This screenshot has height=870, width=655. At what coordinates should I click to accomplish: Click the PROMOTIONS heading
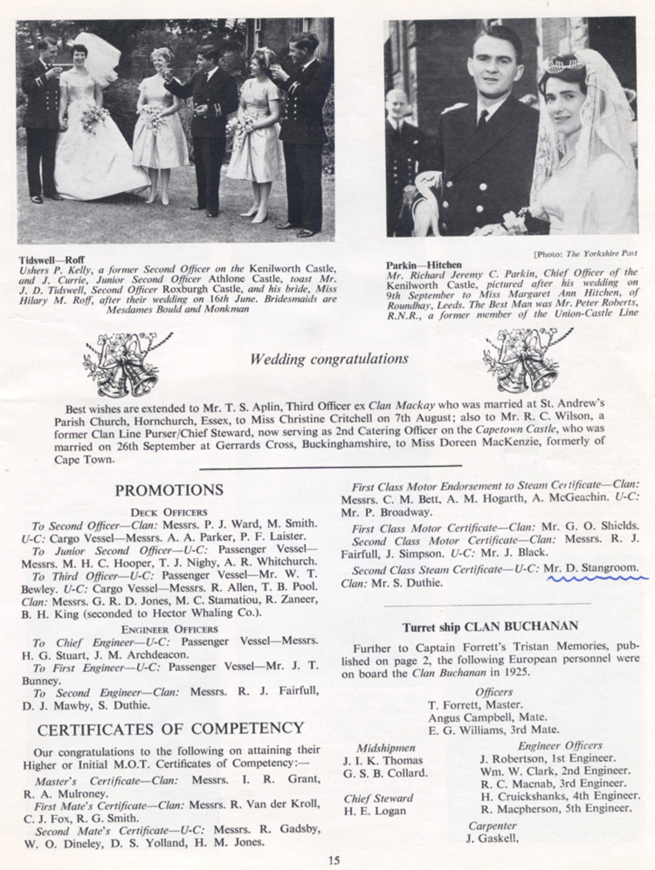pyautogui.click(x=169, y=490)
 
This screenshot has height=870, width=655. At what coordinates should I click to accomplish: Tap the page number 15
pyautogui.click(x=334, y=860)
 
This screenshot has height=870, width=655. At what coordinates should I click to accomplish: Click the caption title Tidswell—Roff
pyautogui.click(x=51, y=259)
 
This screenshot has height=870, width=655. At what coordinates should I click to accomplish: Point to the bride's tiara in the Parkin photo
pyautogui.click(x=563, y=63)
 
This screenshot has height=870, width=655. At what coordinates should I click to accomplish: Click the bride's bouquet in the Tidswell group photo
pyautogui.click(x=93, y=118)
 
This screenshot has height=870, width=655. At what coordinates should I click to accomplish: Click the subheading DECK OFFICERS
pyautogui.click(x=169, y=511)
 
